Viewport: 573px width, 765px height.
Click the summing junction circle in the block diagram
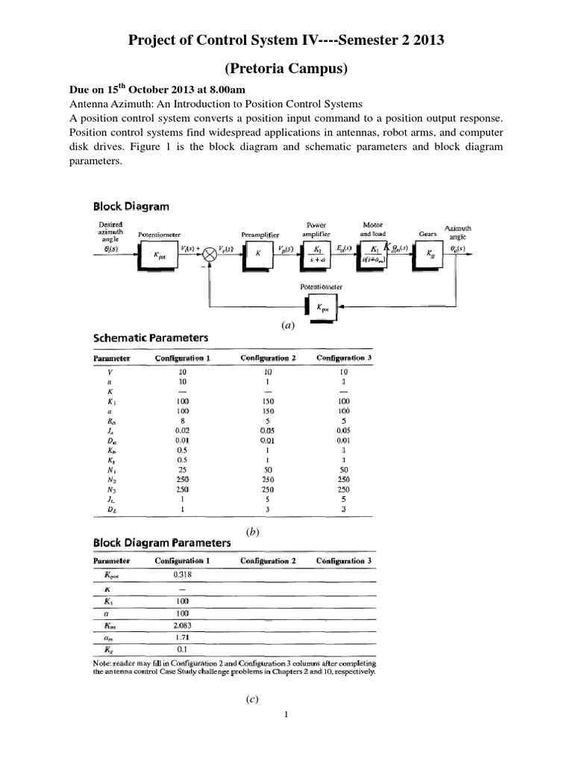click(210, 255)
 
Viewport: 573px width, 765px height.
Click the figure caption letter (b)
click(251, 530)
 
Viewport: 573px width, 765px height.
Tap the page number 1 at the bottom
click(286, 714)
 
